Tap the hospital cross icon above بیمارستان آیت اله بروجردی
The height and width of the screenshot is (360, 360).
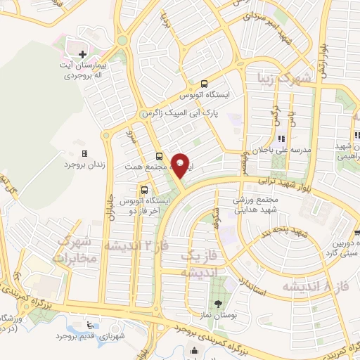(83, 53)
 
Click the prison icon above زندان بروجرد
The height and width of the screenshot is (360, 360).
(84, 153)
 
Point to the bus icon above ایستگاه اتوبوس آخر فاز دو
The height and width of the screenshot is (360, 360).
(144, 189)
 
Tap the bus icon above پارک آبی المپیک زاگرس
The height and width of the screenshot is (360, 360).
(204, 82)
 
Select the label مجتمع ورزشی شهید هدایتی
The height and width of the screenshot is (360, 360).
(259, 205)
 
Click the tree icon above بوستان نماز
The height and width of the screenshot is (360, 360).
(219, 303)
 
